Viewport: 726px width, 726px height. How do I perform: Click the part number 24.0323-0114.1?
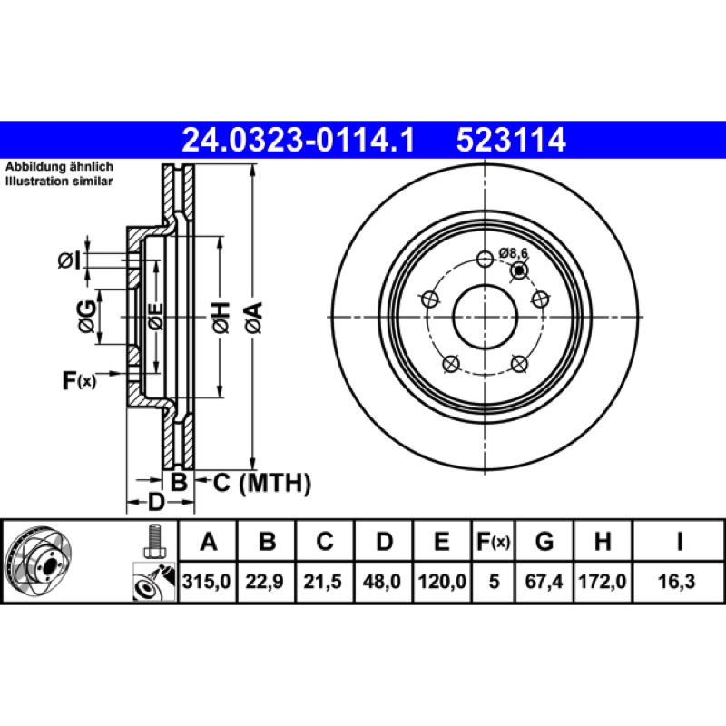(299, 140)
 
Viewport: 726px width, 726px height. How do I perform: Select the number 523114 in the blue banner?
(511, 140)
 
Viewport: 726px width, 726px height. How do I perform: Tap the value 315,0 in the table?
(206, 581)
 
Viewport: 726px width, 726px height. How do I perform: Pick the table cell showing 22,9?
(264, 581)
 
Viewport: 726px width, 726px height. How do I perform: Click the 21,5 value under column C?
(322, 581)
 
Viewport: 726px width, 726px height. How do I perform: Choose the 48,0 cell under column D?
(381, 581)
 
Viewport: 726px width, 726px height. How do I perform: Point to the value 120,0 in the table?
(442, 581)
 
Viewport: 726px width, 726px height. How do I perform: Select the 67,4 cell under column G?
(544, 581)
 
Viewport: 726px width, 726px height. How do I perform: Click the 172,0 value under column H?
(603, 581)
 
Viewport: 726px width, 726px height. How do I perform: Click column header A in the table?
(209, 541)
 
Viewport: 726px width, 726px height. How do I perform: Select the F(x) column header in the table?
(493, 541)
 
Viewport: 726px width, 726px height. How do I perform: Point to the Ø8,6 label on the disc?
(513, 253)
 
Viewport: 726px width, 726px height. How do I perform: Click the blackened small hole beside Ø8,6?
(519, 270)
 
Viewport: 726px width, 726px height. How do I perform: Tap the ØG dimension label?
(87, 317)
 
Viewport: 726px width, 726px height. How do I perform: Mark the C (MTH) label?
(262, 483)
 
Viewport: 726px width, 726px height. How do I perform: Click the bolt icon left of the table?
(154, 542)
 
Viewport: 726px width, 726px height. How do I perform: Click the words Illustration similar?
(59, 181)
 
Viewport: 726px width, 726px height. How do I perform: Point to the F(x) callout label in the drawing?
(80, 380)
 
